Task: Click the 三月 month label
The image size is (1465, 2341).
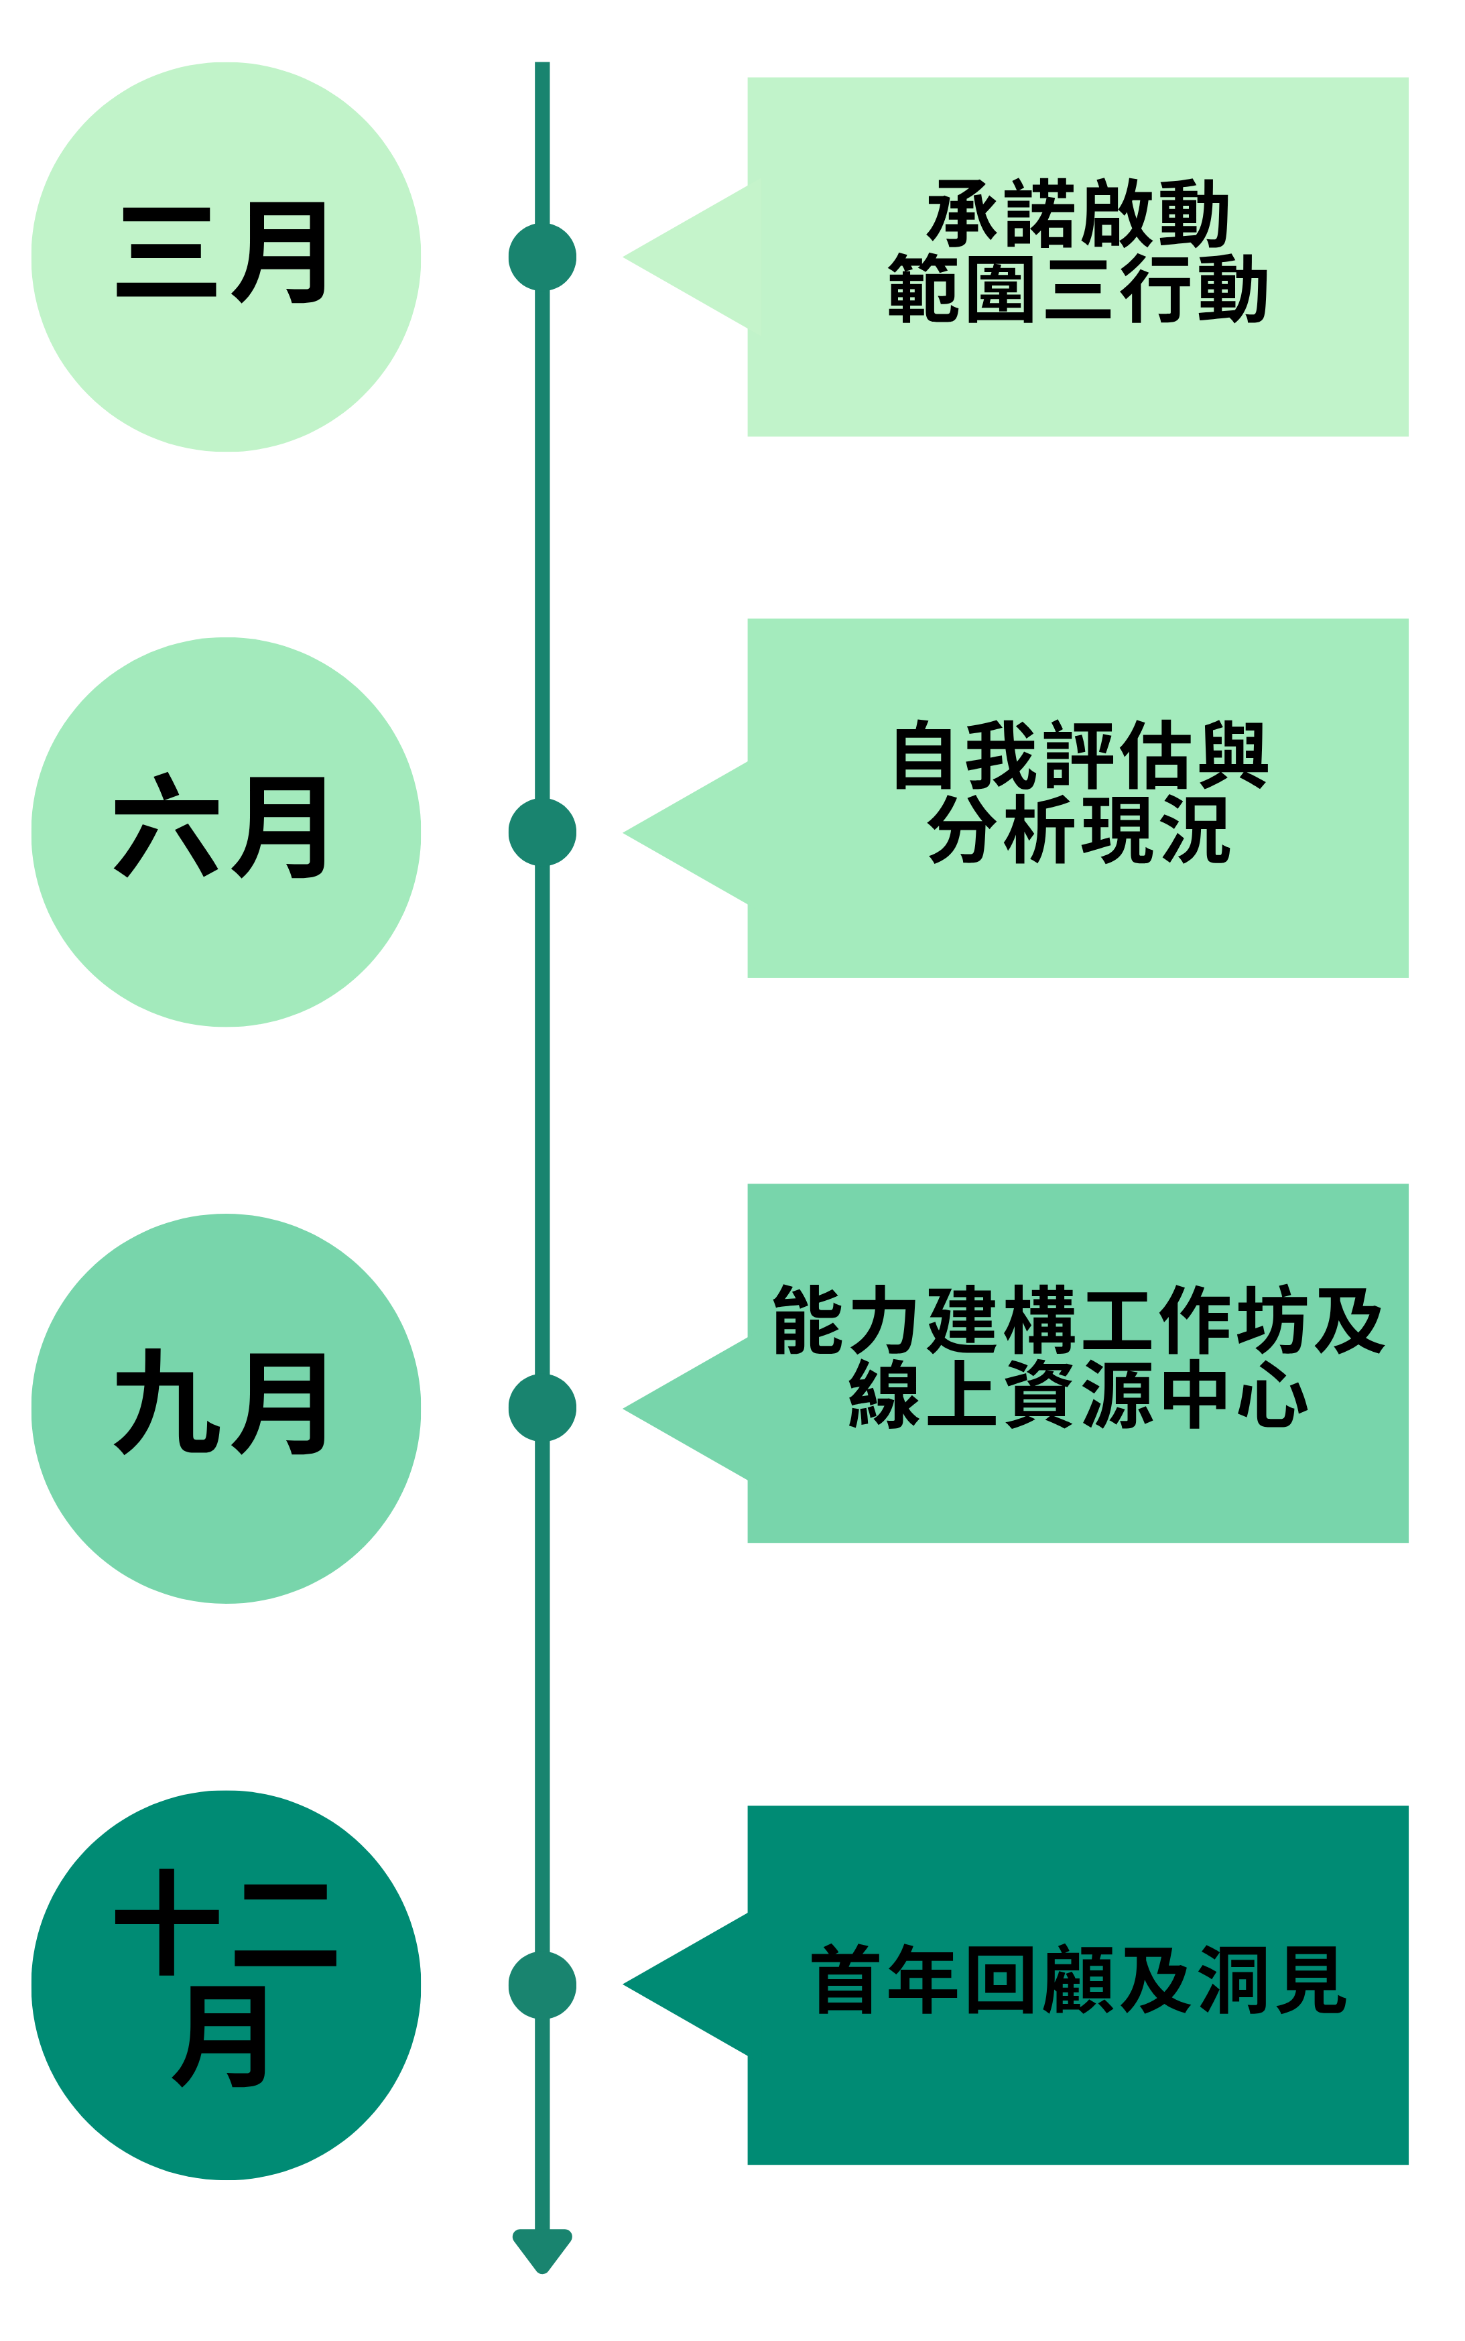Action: click(x=222, y=253)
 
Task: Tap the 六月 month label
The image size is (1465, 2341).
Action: click(x=221, y=826)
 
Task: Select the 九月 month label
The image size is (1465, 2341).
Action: click(x=221, y=1402)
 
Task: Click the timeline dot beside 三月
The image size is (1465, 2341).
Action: click(x=543, y=257)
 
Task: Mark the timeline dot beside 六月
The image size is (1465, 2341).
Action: click(x=543, y=832)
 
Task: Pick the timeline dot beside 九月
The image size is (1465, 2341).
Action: click(x=543, y=1408)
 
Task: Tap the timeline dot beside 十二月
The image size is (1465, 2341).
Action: click(x=543, y=1985)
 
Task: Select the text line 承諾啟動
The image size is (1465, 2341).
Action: click(x=1078, y=213)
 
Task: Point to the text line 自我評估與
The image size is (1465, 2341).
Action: click(x=1080, y=755)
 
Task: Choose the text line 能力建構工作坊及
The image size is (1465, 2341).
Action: click(x=1078, y=1320)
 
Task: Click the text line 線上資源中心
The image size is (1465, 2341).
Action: click(x=1078, y=1393)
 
